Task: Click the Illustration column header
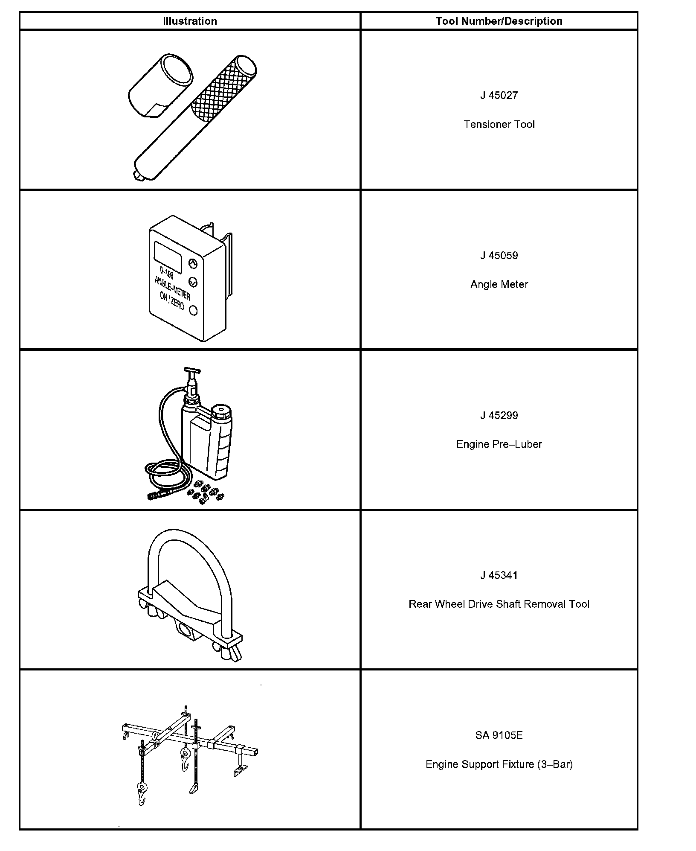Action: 190,21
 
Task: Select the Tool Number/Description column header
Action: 499,21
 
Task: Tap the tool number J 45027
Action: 499,95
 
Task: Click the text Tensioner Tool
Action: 499,124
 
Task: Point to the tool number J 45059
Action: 499,255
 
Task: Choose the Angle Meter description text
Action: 499,284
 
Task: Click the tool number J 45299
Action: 499,415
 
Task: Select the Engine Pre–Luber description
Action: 499,444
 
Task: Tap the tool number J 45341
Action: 499,575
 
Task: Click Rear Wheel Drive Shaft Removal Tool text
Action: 499,604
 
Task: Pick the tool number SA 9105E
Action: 499,735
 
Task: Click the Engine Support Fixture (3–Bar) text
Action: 499,764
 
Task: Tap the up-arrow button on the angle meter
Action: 193,264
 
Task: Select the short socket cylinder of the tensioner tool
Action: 160,85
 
